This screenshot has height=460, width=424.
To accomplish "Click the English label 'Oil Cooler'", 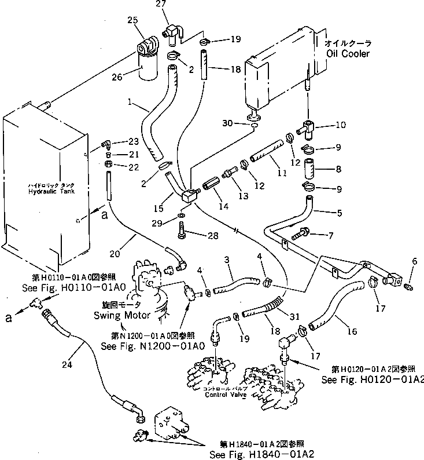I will tap(347, 53).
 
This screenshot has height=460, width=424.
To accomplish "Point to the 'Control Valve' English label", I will tap(226, 395).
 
